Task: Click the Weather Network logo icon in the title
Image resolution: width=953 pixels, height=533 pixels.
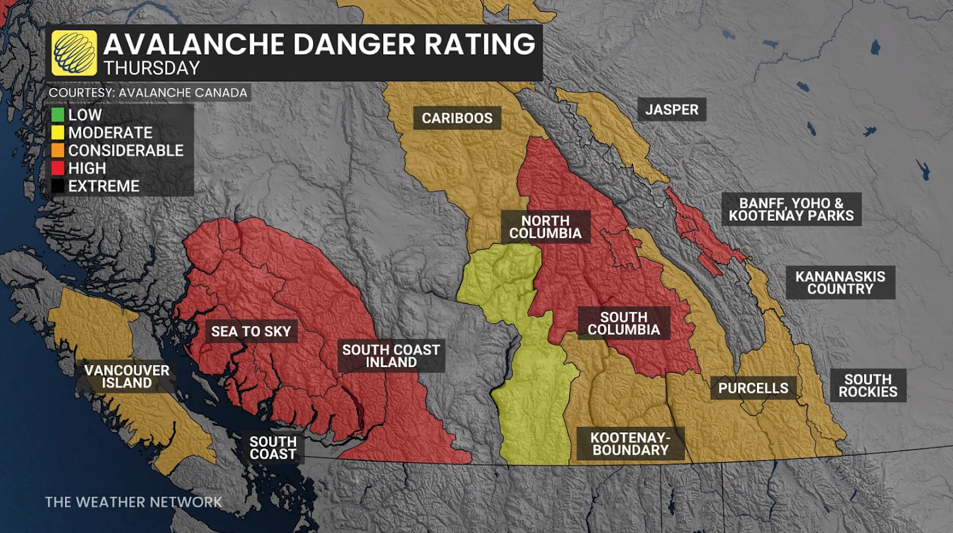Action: click(74, 53)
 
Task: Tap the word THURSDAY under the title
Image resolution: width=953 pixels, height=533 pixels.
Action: click(152, 69)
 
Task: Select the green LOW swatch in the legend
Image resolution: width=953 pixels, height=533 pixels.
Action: click(57, 115)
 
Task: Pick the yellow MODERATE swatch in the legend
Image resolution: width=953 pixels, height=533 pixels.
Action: click(57, 132)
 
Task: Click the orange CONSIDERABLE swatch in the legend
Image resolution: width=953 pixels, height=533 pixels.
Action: click(57, 151)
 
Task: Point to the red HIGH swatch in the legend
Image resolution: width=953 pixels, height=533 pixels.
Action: click(57, 168)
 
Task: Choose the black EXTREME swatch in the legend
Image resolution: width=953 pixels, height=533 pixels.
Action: click(57, 186)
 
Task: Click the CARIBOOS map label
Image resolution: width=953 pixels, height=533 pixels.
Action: click(457, 118)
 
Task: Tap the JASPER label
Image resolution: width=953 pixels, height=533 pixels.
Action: click(671, 110)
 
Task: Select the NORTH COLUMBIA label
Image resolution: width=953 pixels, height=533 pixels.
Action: click(545, 227)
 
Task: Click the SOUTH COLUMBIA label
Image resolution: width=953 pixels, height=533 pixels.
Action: click(624, 323)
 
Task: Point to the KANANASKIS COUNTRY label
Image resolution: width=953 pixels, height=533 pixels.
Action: click(840, 283)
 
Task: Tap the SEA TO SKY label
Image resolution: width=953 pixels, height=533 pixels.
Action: click(251, 332)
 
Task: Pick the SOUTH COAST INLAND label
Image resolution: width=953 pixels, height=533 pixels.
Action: click(391, 356)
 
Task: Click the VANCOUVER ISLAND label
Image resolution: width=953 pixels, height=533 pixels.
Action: click(127, 377)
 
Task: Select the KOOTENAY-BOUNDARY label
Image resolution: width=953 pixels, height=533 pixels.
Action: click(630, 444)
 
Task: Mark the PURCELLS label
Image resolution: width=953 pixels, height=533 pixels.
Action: click(753, 388)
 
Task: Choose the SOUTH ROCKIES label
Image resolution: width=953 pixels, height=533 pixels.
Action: click(867, 385)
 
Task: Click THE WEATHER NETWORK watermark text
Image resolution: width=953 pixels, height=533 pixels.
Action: click(134, 502)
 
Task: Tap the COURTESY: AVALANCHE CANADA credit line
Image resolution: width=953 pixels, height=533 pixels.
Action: click(148, 93)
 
